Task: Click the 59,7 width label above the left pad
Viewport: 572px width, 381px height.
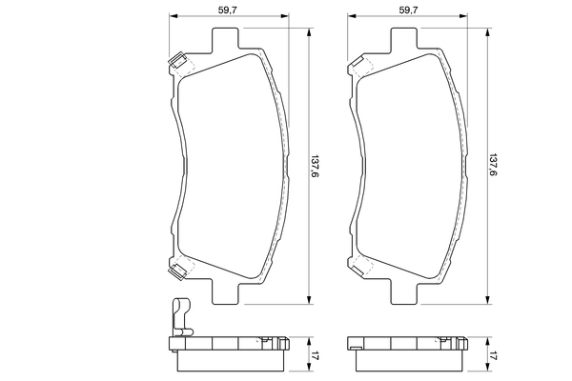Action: tap(228, 10)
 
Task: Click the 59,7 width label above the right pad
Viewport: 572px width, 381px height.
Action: tap(408, 10)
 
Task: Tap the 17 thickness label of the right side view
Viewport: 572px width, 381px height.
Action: tap(493, 355)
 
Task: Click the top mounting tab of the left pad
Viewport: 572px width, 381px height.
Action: tap(225, 38)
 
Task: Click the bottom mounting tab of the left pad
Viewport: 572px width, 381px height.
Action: tap(225, 291)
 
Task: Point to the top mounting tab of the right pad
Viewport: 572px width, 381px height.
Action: tap(404, 38)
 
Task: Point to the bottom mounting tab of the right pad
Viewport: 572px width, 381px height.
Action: tap(404, 291)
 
